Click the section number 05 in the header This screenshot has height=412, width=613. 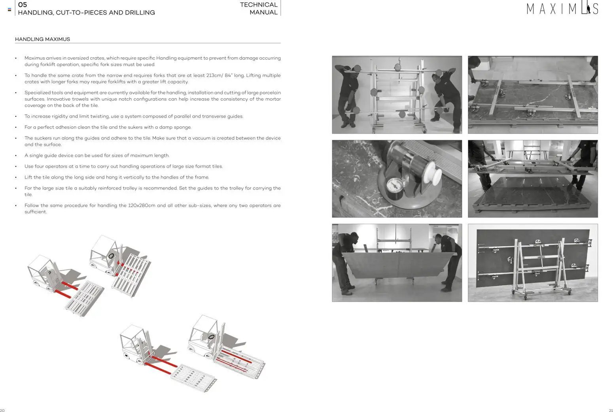[23, 5]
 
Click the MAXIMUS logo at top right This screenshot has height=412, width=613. [562, 9]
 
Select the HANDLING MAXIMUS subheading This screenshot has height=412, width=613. [42, 39]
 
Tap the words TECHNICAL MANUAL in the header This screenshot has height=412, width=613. [259, 8]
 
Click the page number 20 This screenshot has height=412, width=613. [2, 410]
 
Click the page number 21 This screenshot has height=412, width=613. [610, 410]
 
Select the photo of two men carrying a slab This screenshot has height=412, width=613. [397, 263]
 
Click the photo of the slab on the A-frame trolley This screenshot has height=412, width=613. [533, 263]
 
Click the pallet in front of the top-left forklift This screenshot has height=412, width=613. [84, 298]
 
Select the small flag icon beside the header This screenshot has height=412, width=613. [9, 9]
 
